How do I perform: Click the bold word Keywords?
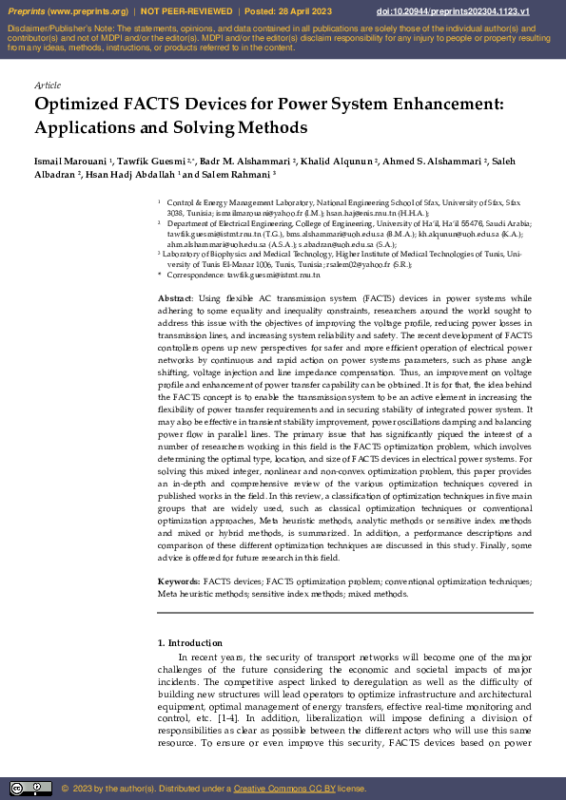(179, 580)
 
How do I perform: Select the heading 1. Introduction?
(189, 643)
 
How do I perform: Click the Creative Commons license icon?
(30, 788)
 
